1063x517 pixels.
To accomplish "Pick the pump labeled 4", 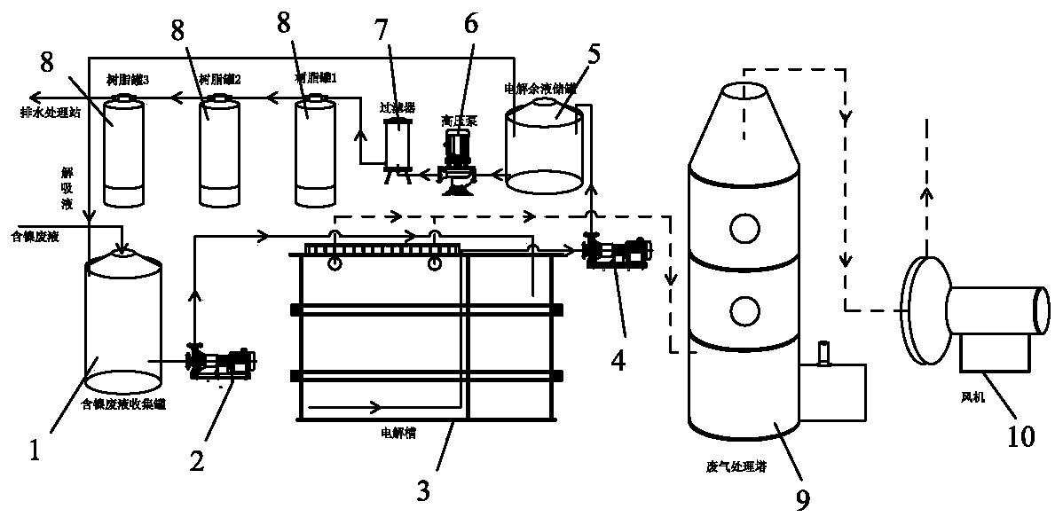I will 616,252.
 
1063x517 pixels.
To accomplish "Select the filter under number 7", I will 397,144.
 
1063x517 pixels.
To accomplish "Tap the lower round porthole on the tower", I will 746,309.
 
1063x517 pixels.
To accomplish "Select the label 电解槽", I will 394,435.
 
